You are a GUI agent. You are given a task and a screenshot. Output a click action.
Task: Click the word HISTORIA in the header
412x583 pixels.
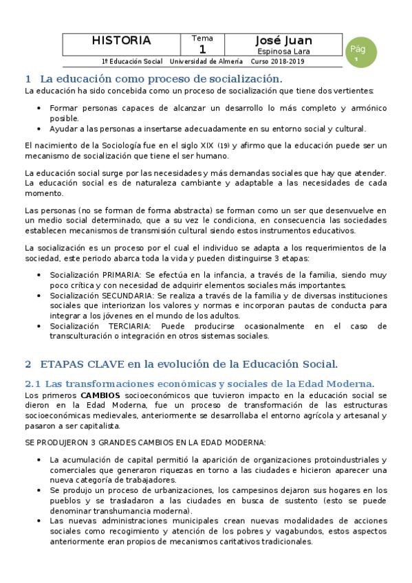tap(121, 41)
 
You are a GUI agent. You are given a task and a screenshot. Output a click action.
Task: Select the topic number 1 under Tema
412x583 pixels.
tap(202, 49)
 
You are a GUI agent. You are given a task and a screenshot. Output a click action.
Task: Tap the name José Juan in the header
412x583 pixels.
tap(283, 41)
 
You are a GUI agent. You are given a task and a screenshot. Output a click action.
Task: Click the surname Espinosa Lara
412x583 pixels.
tap(283, 51)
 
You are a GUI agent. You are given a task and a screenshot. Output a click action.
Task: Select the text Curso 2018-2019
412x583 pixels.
tap(279, 61)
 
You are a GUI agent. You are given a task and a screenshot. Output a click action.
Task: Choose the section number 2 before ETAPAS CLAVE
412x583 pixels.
tap(28, 364)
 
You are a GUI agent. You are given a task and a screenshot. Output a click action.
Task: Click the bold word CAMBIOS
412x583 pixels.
tap(100, 396)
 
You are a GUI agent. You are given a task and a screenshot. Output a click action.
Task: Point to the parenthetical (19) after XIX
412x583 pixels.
tap(224, 146)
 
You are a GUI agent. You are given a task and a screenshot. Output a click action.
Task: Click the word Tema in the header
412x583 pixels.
tap(202, 38)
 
